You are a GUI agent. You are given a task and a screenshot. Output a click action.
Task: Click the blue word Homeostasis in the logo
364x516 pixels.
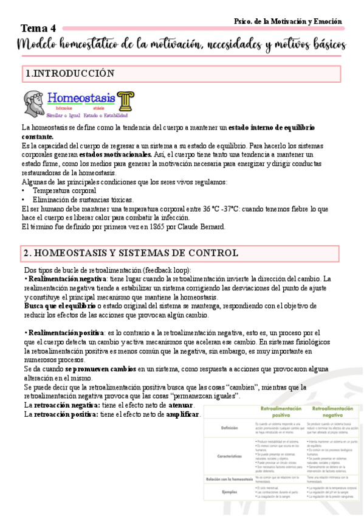[81, 97]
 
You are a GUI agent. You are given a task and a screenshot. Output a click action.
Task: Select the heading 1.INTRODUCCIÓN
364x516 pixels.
[70, 74]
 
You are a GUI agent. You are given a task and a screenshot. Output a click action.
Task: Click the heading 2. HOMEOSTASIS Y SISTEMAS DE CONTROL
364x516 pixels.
[131, 253]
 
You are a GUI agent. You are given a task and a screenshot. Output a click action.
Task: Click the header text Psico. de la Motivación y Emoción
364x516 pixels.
[288, 21]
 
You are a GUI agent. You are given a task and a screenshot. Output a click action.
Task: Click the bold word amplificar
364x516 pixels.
[182, 414]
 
